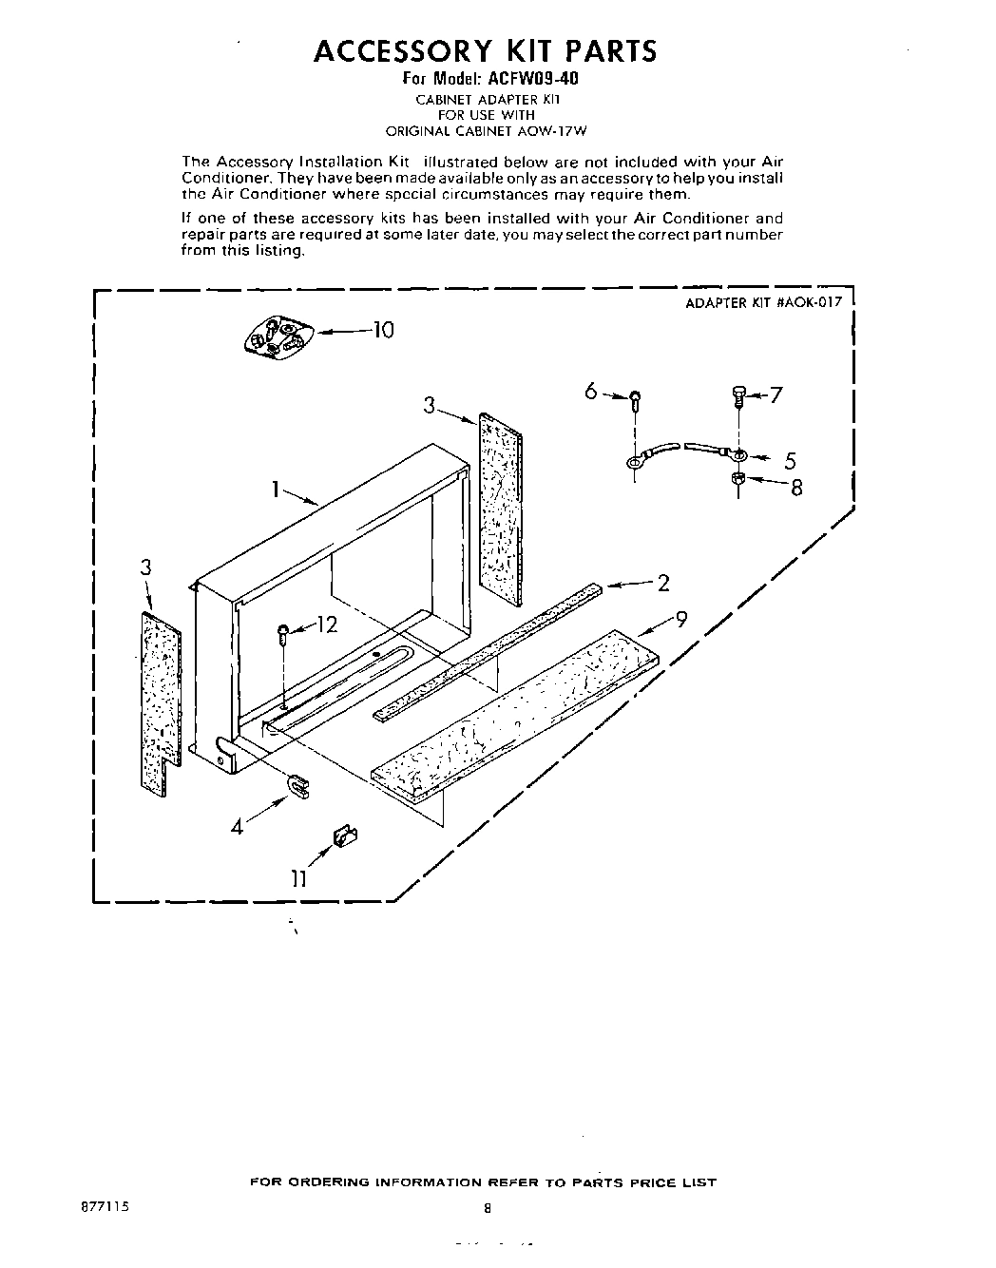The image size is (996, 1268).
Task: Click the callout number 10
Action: click(382, 330)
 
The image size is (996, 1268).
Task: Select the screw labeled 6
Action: click(635, 399)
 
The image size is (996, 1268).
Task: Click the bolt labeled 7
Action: click(738, 395)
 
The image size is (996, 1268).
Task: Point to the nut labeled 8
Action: click(738, 478)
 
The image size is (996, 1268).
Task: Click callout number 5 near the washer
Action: click(790, 461)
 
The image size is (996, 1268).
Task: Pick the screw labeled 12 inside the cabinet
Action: click(284, 635)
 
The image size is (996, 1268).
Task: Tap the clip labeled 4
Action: click(298, 784)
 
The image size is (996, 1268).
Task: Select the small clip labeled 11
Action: click(344, 836)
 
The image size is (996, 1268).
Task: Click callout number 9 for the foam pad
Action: click(680, 620)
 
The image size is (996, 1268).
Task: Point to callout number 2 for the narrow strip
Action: click(663, 584)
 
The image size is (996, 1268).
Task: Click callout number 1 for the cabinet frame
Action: click(274, 490)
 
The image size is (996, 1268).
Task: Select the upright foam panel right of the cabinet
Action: click(500, 509)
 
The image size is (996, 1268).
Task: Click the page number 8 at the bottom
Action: click(487, 1209)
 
